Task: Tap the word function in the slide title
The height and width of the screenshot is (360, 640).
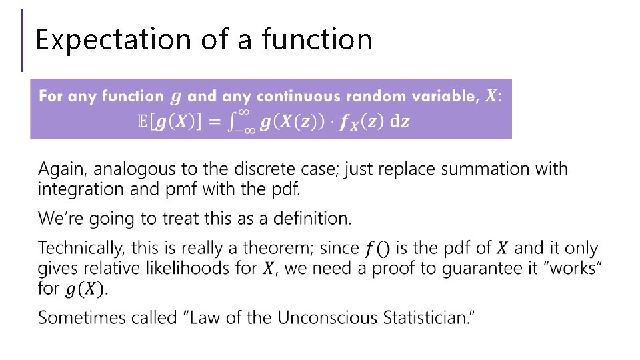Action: [317, 39]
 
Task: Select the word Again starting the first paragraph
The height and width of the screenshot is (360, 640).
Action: [58, 169]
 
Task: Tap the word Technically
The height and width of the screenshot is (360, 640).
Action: [81, 249]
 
